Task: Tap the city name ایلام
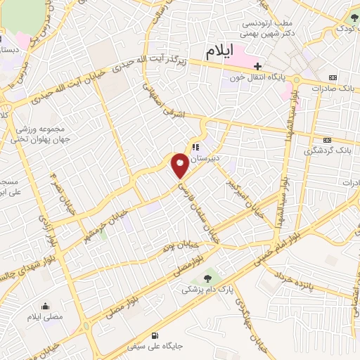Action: tap(223, 51)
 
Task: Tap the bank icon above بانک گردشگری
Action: tap(327, 140)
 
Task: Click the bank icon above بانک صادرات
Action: tap(332, 77)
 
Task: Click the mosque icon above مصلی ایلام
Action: tap(46, 307)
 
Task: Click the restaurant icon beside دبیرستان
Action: tap(196, 148)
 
